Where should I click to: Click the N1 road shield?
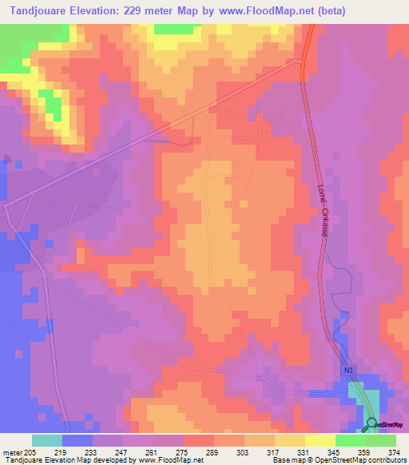(x=348, y=370)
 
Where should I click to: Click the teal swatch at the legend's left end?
(x=46, y=440)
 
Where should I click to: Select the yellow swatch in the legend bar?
(x=320, y=440)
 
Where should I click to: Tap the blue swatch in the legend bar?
(x=77, y=440)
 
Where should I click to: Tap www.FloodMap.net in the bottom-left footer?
(x=165, y=460)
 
